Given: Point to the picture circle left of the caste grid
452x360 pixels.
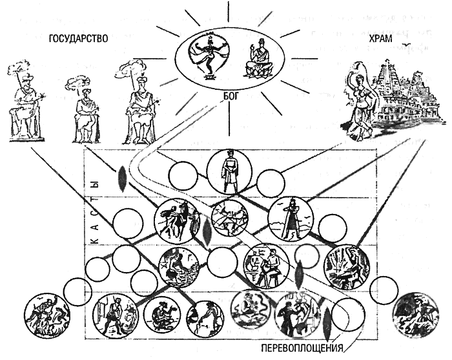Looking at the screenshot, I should pyautogui.click(x=45, y=314).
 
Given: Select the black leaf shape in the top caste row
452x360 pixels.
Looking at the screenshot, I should pyautogui.click(x=121, y=178).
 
